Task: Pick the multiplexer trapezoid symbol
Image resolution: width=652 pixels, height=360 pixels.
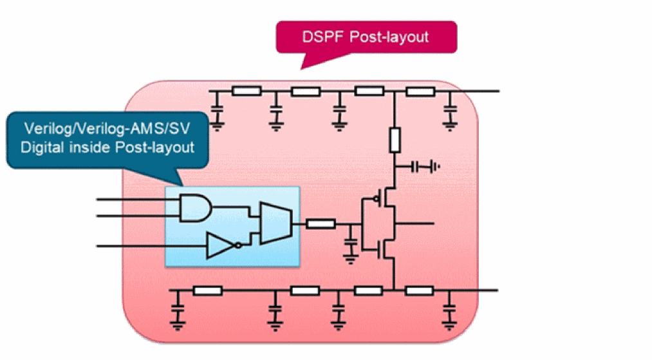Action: [x=275, y=223]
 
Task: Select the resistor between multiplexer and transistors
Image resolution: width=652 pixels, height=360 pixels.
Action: [x=321, y=223]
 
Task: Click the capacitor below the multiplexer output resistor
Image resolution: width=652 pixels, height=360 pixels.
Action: [x=351, y=248]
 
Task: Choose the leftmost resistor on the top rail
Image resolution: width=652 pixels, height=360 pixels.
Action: [x=247, y=91]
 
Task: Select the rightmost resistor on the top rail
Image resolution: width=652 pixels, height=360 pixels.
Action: [x=422, y=91]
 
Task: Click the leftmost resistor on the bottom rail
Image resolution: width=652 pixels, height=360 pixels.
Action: [x=208, y=290]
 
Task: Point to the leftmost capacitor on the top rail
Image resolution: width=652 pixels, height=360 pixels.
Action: [x=218, y=113]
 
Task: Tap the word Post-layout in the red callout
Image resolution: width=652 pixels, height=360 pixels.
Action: [x=389, y=37]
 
